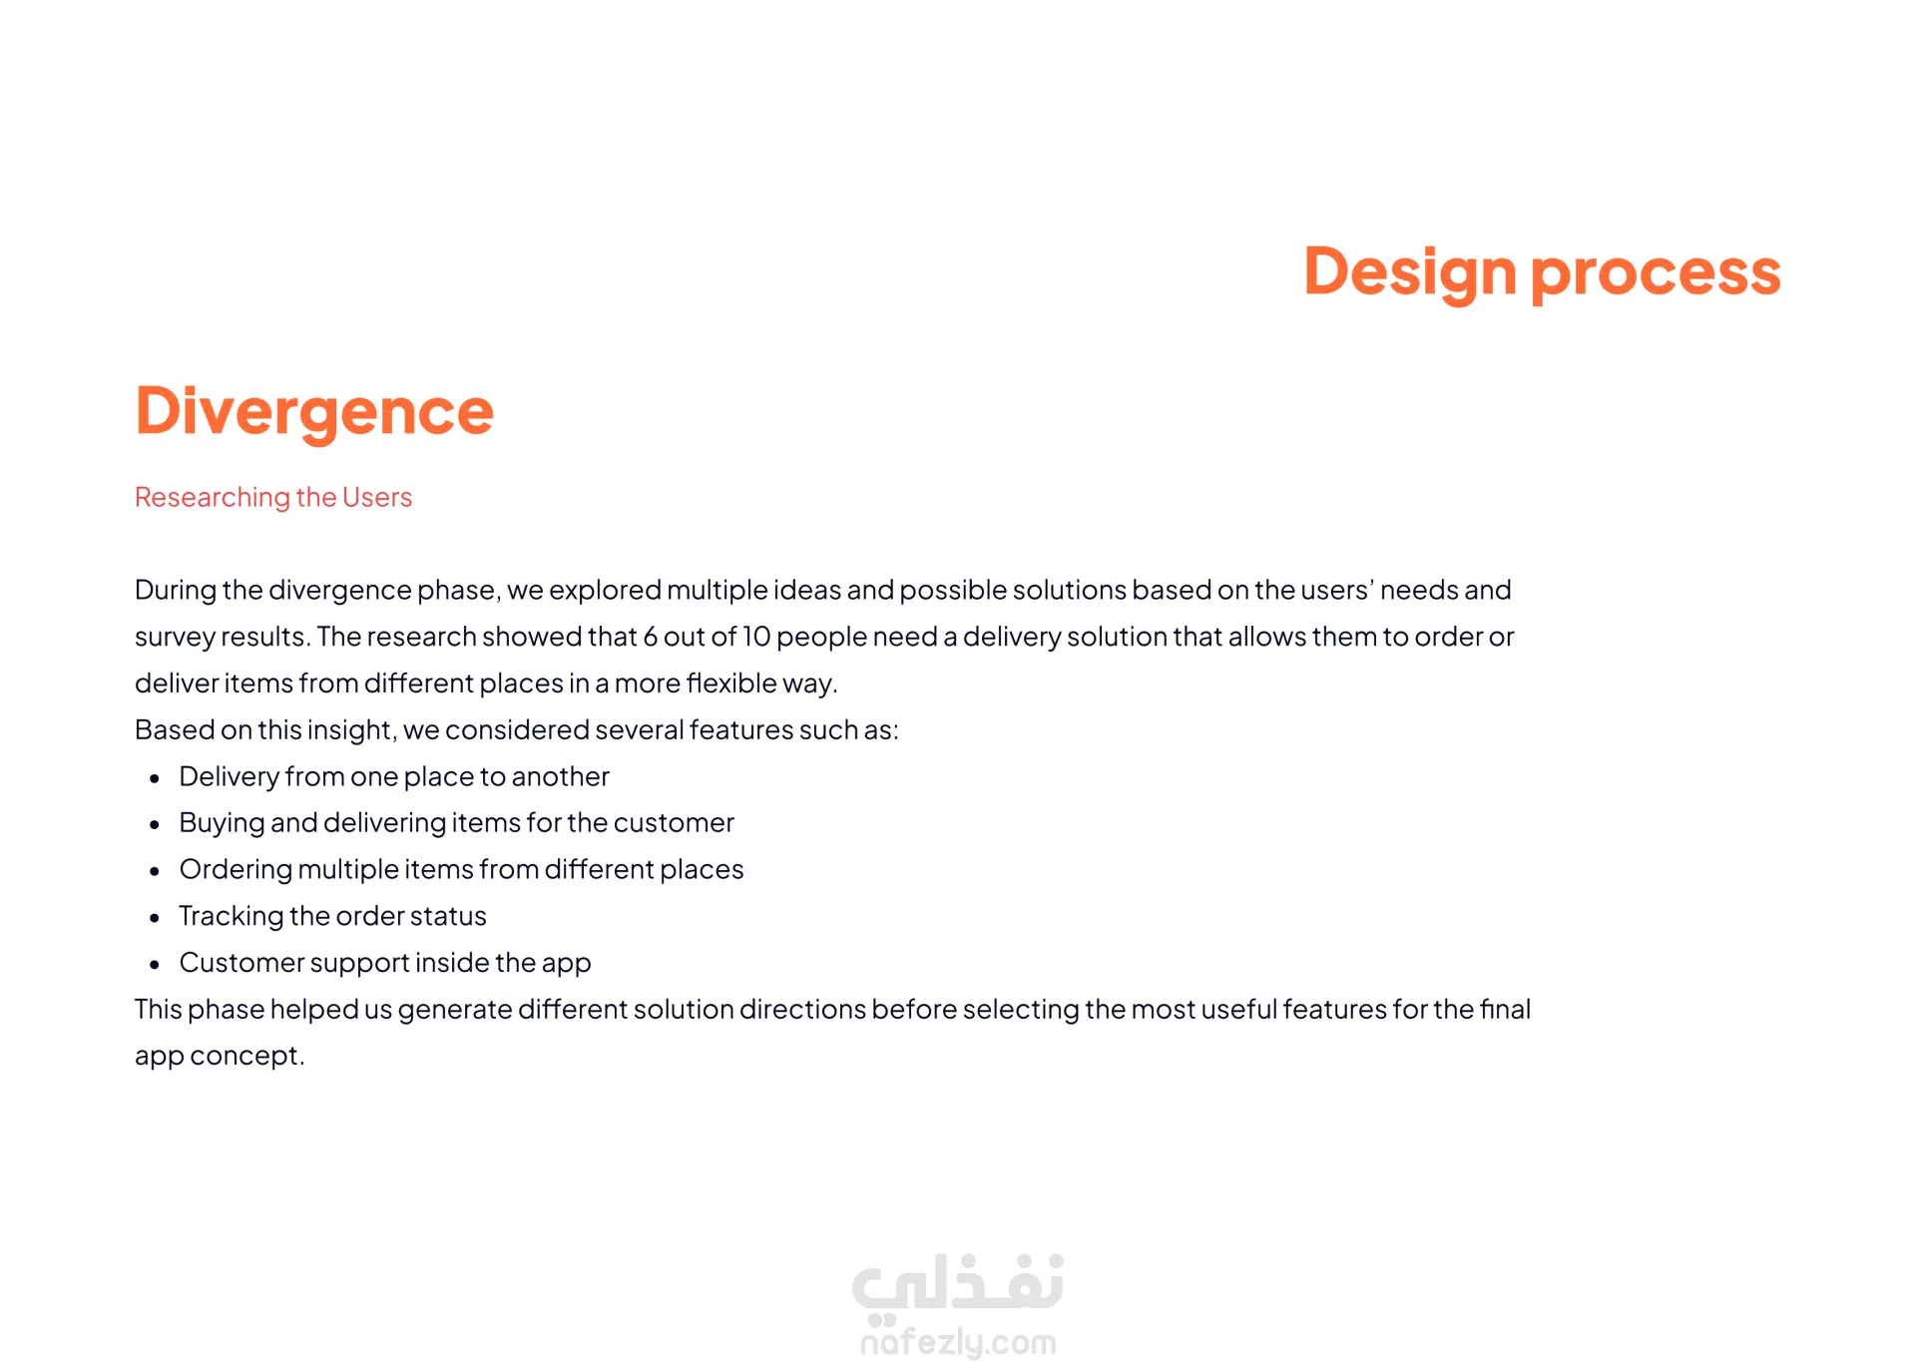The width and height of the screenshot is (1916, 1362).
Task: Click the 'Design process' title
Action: coord(1542,272)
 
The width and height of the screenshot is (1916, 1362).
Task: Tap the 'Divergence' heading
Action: coord(314,411)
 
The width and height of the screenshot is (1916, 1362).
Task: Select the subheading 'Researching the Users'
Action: coord(273,497)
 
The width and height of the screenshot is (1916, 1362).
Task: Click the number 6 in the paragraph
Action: coord(651,637)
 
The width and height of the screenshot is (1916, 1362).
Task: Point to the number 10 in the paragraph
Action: coord(756,637)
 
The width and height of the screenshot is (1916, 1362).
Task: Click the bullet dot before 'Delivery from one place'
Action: coord(155,778)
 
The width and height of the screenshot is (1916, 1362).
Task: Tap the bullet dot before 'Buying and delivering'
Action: coord(155,825)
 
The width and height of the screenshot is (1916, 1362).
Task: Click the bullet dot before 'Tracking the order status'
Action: coord(155,918)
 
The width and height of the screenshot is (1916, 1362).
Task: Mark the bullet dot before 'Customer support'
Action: coord(155,965)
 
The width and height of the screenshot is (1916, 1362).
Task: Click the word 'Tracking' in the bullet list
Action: coord(232,917)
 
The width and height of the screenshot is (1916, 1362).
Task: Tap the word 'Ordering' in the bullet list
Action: coord(237,870)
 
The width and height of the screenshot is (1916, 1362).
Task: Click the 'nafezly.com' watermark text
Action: coord(958,1342)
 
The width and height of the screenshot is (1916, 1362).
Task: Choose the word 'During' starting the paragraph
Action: coord(176,590)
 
